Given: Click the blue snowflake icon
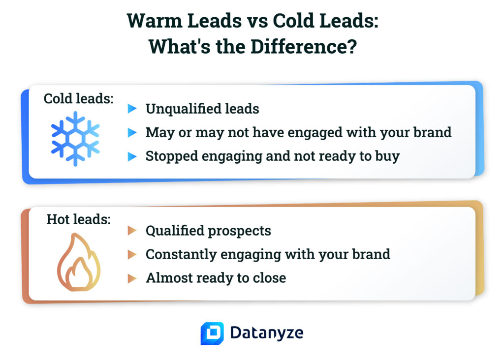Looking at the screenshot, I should click(x=75, y=138).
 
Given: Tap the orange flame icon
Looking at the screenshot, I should click(x=78, y=264).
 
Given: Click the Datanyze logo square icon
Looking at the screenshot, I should click(x=212, y=333).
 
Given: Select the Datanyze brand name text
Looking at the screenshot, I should click(x=266, y=333).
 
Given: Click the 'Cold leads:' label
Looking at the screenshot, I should click(x=79, y=98).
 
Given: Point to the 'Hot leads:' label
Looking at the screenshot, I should click(x=79, y=219).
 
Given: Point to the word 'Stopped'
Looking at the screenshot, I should click(x=169, y=156).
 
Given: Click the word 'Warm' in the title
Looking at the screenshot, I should click(x=149, y=22).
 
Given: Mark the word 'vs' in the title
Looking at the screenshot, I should click(x=256, y=22).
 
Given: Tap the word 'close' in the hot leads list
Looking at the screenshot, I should click(x=270, y=278).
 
